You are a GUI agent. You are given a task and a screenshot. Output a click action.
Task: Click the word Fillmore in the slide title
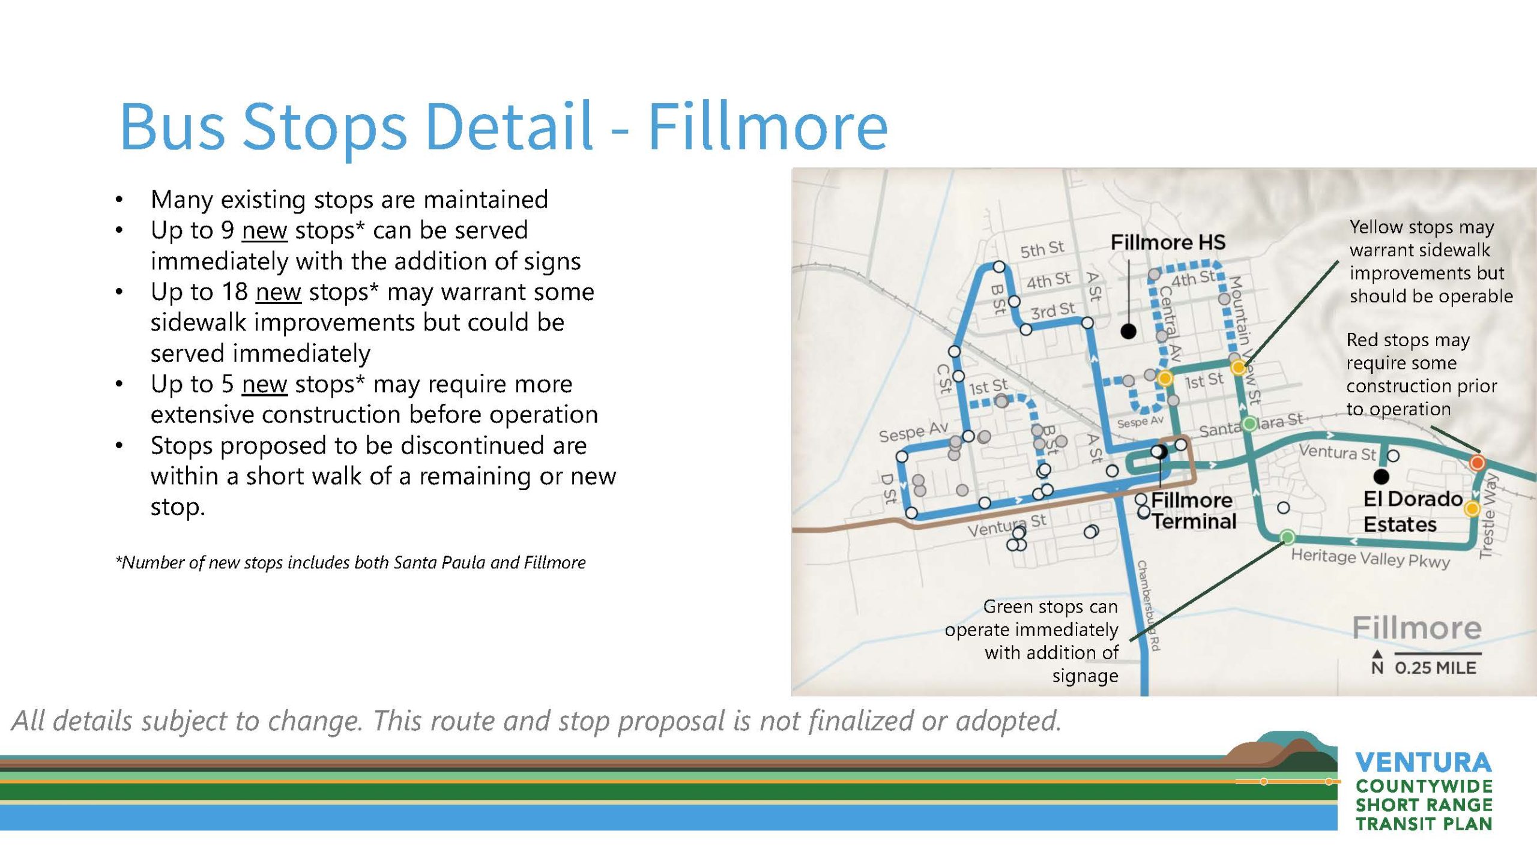[768, 127]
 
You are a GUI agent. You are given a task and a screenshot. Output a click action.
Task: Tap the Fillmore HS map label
[1168, 242]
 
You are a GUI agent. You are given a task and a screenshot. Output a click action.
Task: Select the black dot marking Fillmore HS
[1129, 331]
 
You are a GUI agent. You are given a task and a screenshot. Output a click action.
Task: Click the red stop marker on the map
[1478, 463]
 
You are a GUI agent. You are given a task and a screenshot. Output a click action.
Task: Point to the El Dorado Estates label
[1412, 511]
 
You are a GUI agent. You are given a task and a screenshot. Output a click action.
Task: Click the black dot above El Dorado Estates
[1381, 476]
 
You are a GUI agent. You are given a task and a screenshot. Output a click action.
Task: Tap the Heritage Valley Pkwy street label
[1371, 558]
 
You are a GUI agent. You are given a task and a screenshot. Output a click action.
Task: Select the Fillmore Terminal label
[1193, 511]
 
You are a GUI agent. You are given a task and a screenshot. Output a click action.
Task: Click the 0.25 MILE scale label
[1436, 668]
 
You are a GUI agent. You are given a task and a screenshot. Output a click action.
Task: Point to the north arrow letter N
[1377, 668]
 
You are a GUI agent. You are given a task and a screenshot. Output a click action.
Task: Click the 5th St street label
[1042, 249]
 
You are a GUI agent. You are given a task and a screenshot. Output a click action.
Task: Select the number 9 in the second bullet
[228, 230]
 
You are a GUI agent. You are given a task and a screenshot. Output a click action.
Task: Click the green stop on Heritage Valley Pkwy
[1287, 536]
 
